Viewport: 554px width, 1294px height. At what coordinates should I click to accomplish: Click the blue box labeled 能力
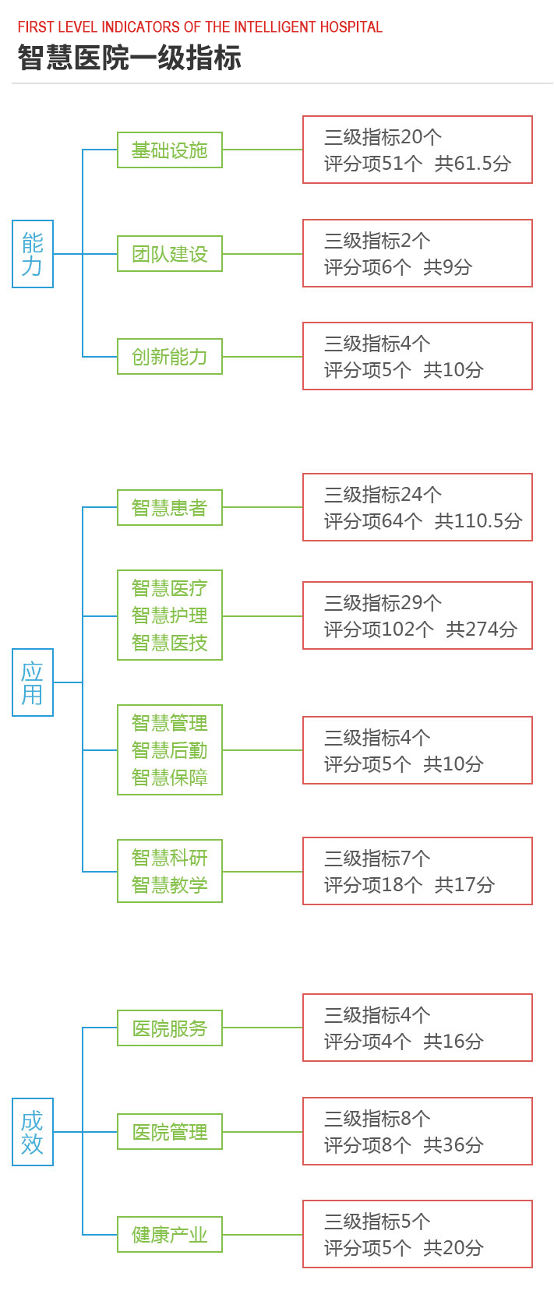tap(33, 254)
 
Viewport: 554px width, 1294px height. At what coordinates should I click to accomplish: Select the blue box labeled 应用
tap(33, 682)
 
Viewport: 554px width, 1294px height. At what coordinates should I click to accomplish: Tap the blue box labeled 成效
tap(33, 1132)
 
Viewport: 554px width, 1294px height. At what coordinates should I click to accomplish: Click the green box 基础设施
tap(170, 150)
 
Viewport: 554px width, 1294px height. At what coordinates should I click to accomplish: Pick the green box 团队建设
tap(170, 254)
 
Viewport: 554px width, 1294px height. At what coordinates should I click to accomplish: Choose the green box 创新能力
tap(170, 357)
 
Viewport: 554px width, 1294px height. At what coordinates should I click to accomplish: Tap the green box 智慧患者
tap(170, 508)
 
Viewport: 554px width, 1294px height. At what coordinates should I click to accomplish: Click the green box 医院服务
tap(170, 1028)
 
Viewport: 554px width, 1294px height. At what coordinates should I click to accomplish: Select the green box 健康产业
tap(170, 1235)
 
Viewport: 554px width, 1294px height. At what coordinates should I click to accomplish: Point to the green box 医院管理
tap(170, 1131)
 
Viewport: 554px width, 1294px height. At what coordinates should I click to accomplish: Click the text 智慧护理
tap(169, 615)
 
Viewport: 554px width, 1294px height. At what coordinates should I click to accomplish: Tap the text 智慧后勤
tap(169, 750)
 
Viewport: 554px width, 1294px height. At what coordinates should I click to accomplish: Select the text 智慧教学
tap(169, 884)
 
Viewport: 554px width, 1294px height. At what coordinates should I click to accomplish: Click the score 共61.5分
tap(472, 164)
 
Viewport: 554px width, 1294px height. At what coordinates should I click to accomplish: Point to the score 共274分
tap(482, 629)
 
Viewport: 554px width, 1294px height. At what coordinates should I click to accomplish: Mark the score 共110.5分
tap(478, 521)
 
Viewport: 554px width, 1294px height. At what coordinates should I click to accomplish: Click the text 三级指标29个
tap(383, 603)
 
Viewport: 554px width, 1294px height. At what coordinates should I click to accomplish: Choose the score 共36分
tap(453, 1145)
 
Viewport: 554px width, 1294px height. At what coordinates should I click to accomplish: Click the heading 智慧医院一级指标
tap(129, 58)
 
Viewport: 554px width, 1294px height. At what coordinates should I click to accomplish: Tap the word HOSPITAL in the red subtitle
tap(351, 27)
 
